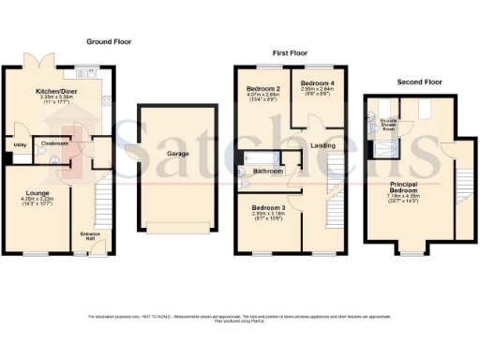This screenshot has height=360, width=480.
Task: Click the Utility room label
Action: pos(20,145)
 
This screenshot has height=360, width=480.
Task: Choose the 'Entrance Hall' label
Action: pos(90,235)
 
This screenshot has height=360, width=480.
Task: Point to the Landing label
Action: pos(322,145)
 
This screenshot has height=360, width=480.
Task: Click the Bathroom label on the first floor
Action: pos(267,172)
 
